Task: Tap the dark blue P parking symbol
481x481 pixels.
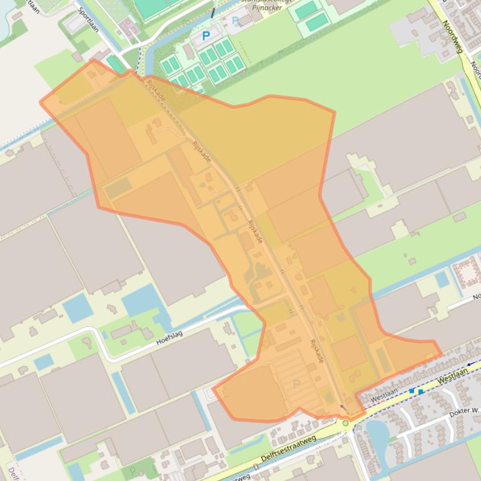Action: tap(206, 36)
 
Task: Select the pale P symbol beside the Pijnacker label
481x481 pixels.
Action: tap(236, 21)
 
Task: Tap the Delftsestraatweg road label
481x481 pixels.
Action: tap(289, 450)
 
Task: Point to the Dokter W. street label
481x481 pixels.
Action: tap(464, 412)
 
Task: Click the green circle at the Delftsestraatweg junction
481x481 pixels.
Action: tap(345, 424)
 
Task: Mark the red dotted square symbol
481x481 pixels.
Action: tap(465, 273)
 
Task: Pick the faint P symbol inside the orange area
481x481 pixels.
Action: tap(296, 383)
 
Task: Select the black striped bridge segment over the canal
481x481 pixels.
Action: tap(214, 12)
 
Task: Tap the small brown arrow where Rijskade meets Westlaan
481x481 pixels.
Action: tap(342, 409)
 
